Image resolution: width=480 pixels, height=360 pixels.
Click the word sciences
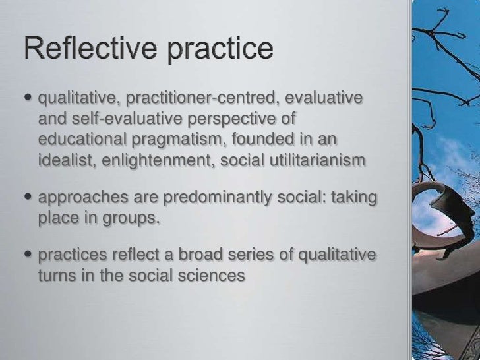(x=212, y=276)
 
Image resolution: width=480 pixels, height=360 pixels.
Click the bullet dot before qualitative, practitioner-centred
(x=30, y=100)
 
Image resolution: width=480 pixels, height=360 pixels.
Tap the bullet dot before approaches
(x=30, y=198)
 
